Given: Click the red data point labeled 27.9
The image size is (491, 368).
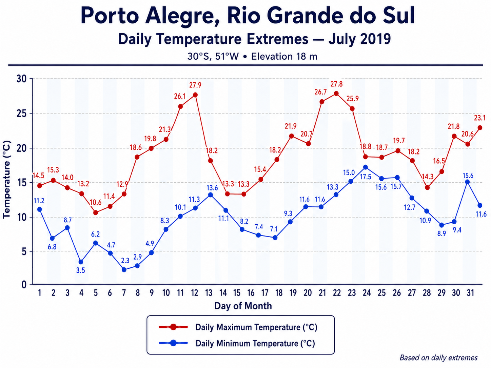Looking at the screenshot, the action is (195, 95).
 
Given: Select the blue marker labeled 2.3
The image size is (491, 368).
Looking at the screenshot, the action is (124, 270).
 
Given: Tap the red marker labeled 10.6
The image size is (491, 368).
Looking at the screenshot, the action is (96, 213).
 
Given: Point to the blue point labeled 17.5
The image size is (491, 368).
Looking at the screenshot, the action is (366, 167).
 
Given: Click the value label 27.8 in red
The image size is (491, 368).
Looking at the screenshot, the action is (336, 84).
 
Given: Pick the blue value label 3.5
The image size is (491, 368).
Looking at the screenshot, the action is (80, 271).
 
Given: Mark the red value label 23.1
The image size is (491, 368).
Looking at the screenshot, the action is (479, 118).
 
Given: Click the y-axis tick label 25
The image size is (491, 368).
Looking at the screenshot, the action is (21, 114).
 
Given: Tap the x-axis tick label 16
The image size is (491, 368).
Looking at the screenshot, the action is (251, 293).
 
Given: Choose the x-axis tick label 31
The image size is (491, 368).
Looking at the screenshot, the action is (470, 293).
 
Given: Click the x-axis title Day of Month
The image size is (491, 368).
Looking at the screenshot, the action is (243, 306).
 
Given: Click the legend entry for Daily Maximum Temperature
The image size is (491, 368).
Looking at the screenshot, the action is (238, 327).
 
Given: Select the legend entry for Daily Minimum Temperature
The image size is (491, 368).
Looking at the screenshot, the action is (237, 343).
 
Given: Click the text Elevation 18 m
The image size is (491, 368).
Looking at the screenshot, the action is (284, 57).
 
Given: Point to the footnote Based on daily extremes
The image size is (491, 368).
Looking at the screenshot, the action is (438, 358).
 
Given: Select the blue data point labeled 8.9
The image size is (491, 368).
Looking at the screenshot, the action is (441, 225).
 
